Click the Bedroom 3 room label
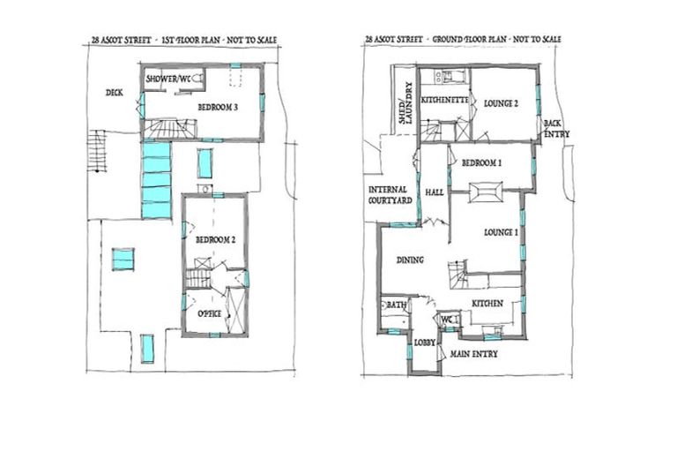(219, 108)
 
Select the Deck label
(114, 92)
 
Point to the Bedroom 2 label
(213, 240)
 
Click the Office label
(208, 313)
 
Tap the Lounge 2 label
(501, 103)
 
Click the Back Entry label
(555, 129)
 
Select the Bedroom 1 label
(481, 162)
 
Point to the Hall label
(434, 192)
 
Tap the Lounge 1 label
(500, 232)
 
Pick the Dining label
(410, 260)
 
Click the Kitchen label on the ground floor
(487, 304)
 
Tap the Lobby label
(425, 339)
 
